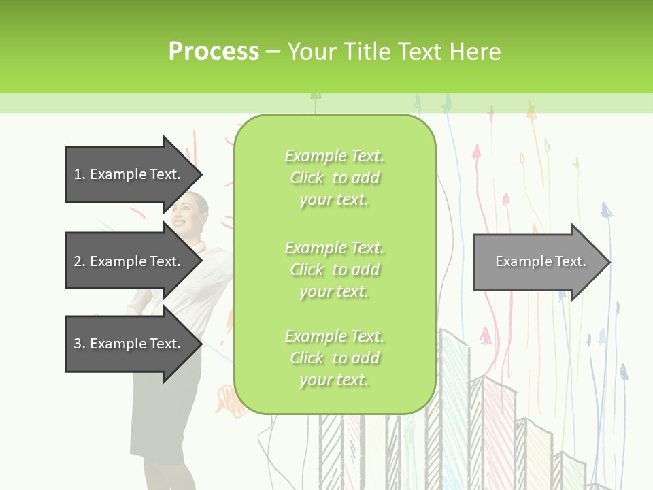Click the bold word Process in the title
pos(214,52)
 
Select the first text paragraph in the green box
pos(334,178)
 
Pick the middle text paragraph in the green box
pos(334,269)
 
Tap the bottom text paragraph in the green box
pos(334,358)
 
